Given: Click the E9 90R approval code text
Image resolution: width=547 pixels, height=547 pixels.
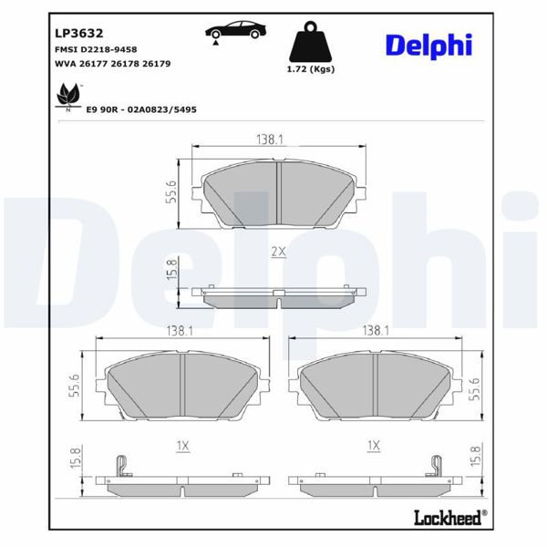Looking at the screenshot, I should [x=141, y=108].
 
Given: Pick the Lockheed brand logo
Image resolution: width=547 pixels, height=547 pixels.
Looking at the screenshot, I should [x=447, y=518].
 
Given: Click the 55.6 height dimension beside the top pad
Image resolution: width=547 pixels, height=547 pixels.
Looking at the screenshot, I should [x=171, y=191].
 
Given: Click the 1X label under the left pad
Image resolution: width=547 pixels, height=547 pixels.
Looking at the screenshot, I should [x=181, y=446].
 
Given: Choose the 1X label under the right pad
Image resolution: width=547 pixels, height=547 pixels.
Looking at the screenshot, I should [x=373, y=446].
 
